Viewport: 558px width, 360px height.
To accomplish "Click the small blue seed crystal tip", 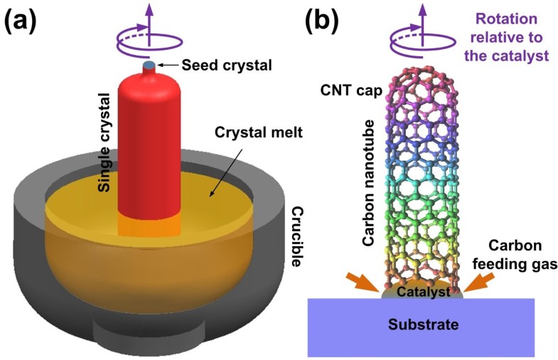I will [x=149, y=66].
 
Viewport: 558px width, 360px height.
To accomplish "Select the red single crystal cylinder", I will [x=149, y=142].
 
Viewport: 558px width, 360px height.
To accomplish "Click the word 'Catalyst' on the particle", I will [x=424, y=290].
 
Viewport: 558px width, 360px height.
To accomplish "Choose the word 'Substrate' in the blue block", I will [x=422, y=325].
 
